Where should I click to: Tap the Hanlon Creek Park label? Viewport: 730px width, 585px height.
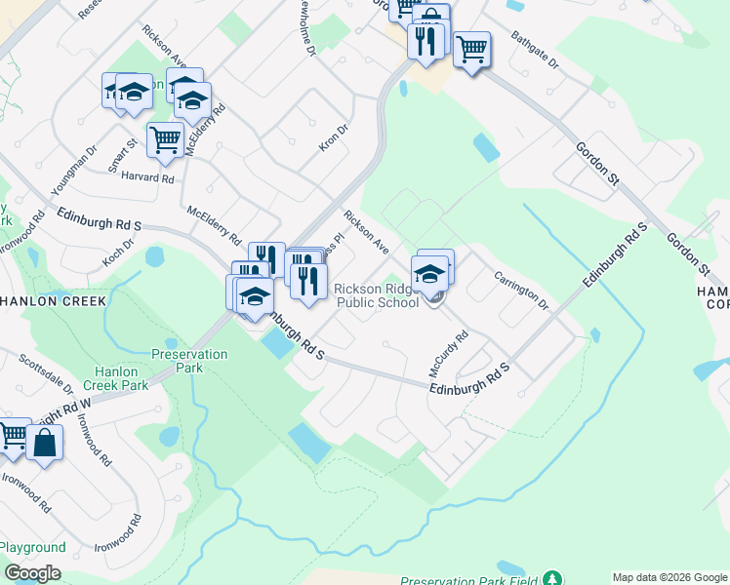(121, 378)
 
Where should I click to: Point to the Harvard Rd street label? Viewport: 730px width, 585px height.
(146, 178)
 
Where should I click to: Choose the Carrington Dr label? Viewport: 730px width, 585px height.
(521, 290)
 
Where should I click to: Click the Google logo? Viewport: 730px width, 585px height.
(32, 573)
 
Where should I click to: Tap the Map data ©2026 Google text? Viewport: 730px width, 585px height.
(669, 577)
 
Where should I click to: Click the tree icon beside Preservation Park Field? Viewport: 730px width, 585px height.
(552, 579)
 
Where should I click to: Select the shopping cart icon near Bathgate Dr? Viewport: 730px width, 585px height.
(471, 48)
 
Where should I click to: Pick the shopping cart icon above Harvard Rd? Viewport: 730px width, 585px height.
(165, 138)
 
